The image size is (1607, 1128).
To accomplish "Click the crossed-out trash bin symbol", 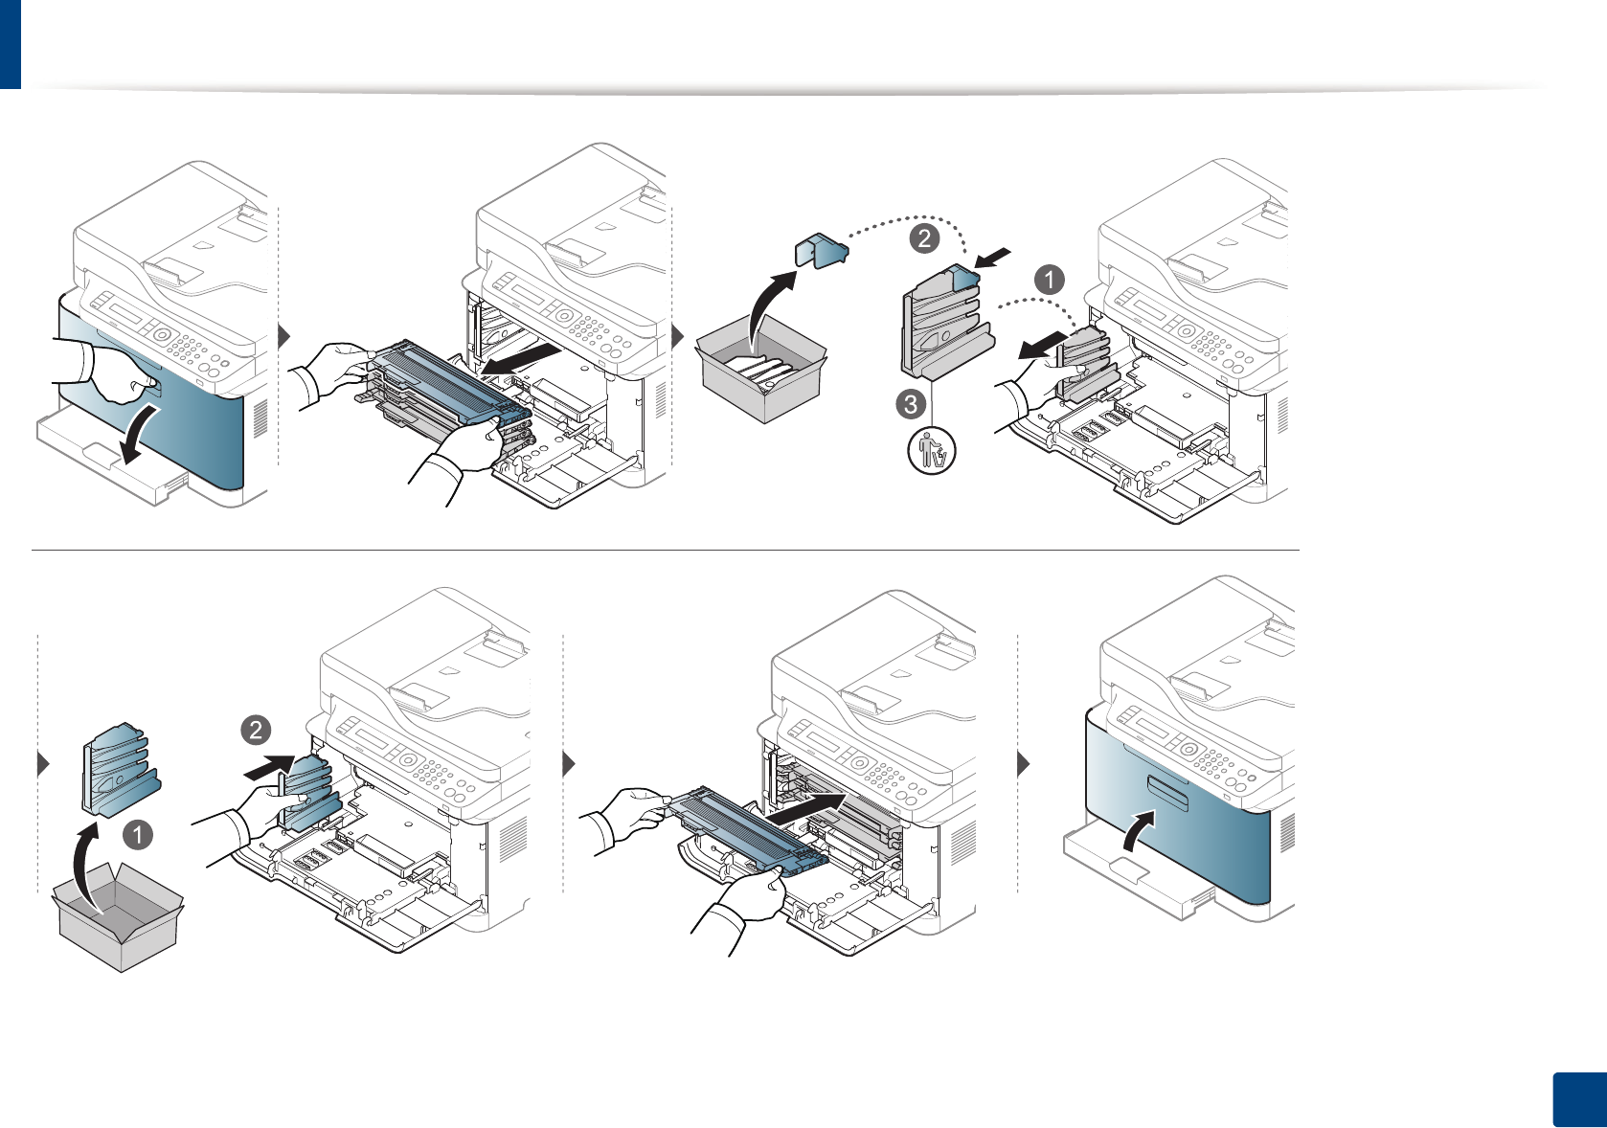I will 931,451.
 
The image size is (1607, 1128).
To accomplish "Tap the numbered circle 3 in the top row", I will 911,404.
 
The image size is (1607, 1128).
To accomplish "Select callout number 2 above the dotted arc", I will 924,237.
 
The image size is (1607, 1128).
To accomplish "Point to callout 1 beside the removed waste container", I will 1050,280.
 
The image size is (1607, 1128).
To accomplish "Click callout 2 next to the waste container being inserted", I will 256,731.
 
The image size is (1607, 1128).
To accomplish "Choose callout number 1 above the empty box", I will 137,834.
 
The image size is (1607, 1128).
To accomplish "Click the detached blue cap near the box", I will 822,251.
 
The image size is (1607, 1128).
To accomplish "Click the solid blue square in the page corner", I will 1578,1099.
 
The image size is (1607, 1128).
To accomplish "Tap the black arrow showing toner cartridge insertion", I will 810,810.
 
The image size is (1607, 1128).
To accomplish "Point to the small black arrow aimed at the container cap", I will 993,258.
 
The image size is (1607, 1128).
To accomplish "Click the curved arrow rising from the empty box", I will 85,868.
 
